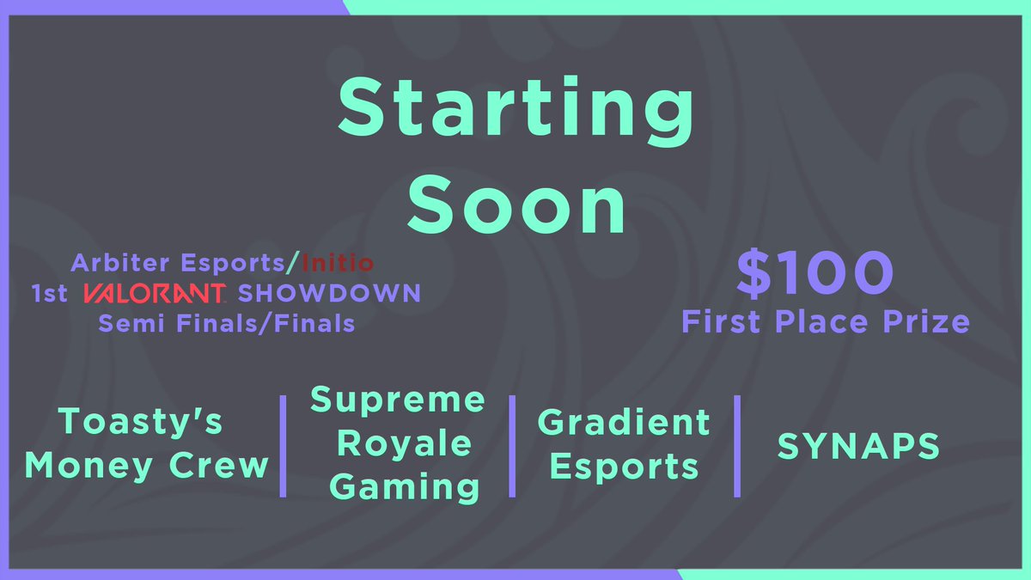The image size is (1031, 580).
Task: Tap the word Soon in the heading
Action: pos(515,205)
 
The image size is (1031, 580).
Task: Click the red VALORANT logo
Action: pos(155,293)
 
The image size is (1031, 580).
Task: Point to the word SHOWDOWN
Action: pos(330,293)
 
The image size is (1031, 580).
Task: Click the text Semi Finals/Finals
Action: pos(226,324)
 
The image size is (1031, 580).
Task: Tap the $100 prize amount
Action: pos(814,274)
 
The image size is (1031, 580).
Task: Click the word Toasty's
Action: pos(141,422)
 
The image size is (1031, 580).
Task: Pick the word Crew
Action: pos(223,466)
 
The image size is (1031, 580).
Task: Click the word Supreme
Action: pos(398,400)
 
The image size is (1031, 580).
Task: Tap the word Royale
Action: pos(405,444)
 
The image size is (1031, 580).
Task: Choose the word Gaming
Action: pos(405,487)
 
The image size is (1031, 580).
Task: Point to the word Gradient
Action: pos(624,422)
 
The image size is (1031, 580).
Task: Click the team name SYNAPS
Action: pos(858,446)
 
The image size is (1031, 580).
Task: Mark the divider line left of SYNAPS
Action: pos(737,446)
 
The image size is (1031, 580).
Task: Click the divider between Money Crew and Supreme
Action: pos(283,446)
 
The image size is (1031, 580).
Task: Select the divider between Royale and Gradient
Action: pos(512,446)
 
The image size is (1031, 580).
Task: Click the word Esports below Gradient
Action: pos(624,467)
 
